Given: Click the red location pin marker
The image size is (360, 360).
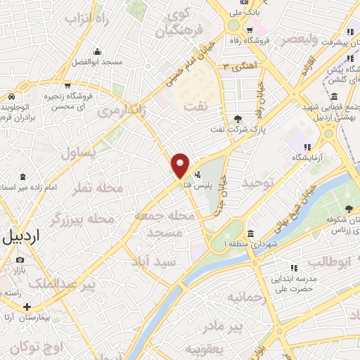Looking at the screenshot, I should click(181, 165).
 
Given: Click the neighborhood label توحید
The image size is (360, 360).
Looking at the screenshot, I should click(257, 182).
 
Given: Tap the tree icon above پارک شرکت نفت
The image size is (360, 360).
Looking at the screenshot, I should click(237, 118).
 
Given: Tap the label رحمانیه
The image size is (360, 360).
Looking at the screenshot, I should click(246, 297).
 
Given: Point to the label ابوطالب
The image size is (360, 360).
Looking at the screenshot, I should click(329, 263).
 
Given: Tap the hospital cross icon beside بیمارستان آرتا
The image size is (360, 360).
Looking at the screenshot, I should click(27, 307).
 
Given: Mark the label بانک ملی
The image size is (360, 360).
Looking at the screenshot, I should click(252, 12).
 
